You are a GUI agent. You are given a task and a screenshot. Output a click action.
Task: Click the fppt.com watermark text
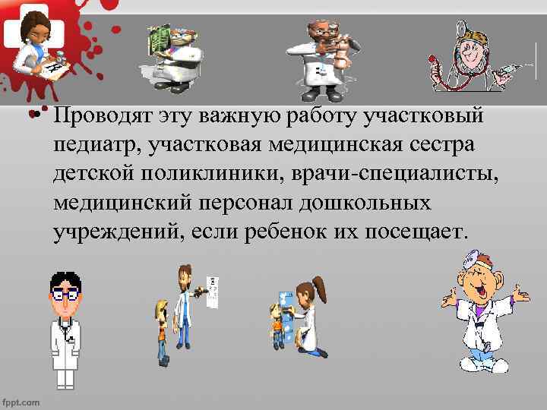pos(21,400)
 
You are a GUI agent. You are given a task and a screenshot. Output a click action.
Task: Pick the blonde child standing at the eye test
pos(161,330)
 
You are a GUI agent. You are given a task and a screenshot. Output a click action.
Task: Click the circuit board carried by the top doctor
pos(160,37)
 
